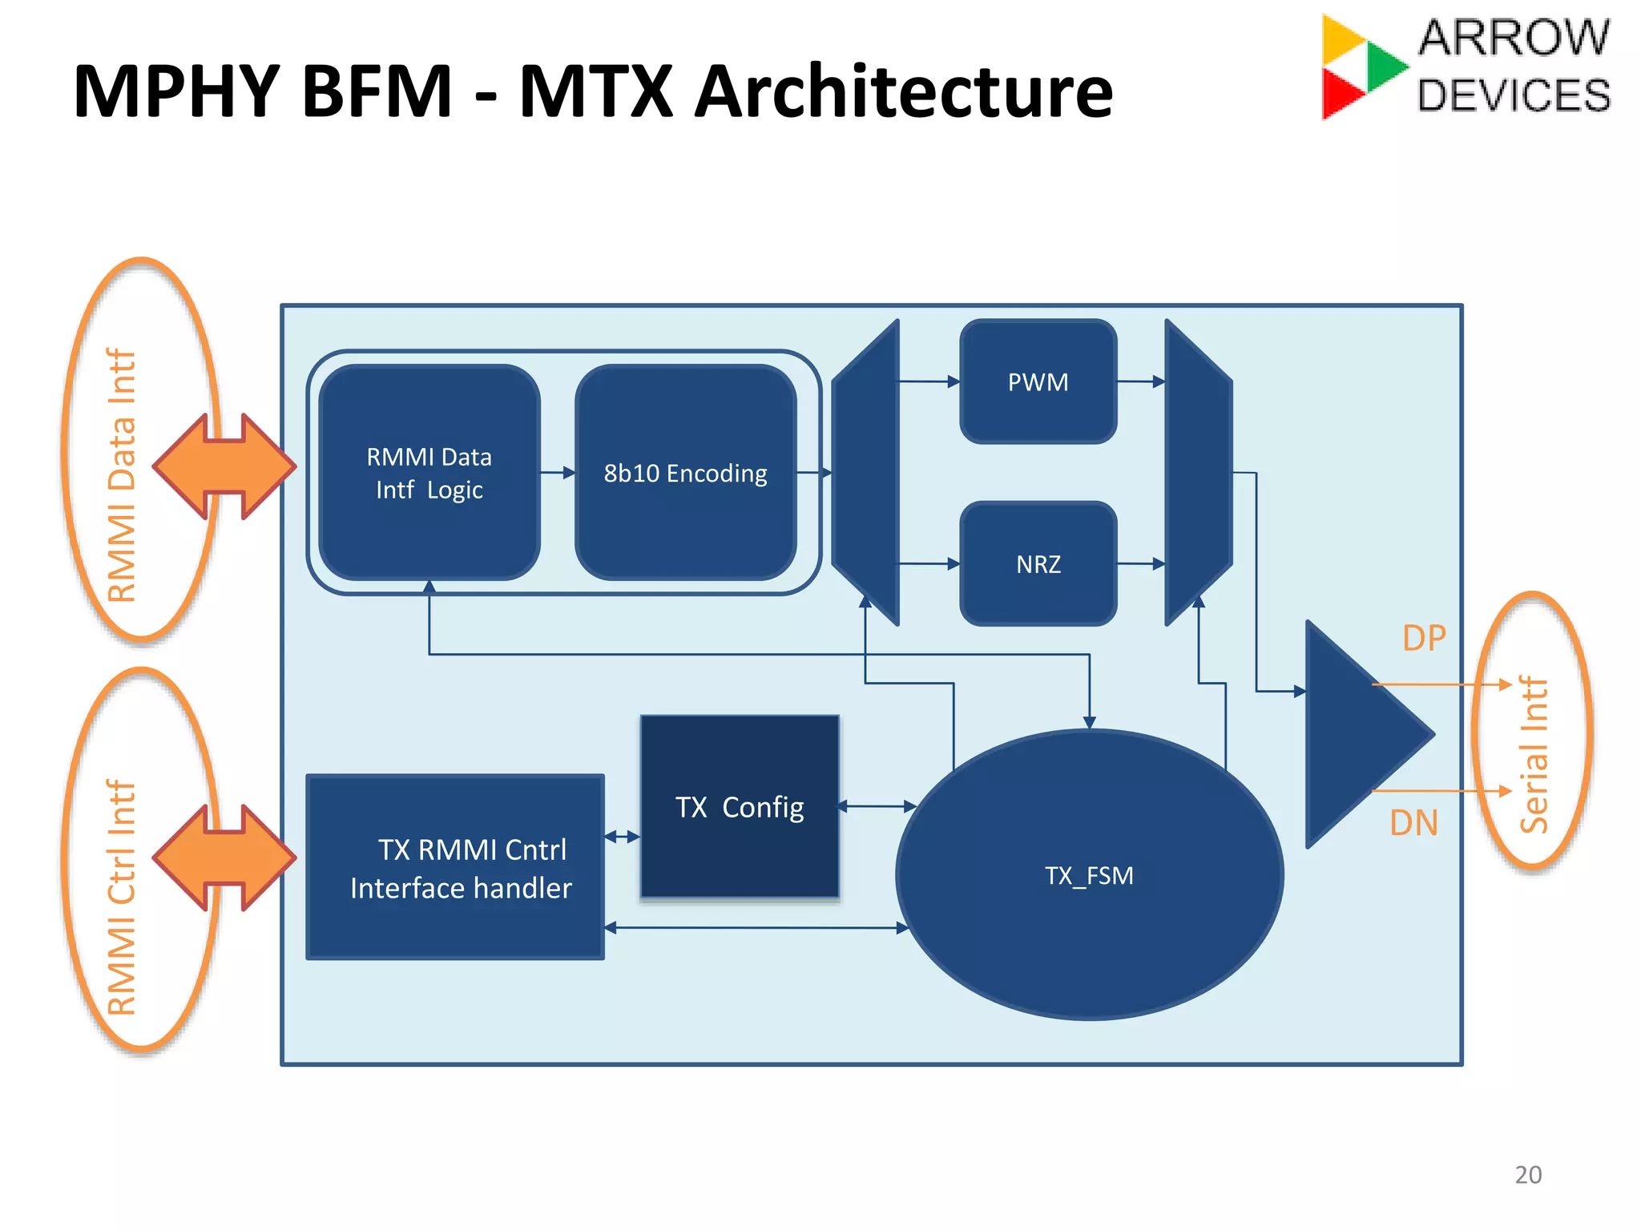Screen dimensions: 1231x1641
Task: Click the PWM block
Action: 1038,381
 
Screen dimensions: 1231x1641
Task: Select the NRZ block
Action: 1038,563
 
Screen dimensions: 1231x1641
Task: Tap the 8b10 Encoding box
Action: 685,473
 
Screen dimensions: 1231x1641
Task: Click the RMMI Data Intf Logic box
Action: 429,473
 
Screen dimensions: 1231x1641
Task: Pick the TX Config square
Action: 740,806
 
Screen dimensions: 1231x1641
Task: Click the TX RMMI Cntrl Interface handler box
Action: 455,867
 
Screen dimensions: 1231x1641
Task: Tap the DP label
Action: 1424,638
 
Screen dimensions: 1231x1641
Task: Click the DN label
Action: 1413,823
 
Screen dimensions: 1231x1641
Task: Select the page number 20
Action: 1528,1174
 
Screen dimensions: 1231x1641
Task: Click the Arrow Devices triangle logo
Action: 1361,67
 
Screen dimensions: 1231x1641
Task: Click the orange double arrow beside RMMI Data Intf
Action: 224,466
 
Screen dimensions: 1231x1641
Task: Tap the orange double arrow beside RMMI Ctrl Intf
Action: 224,858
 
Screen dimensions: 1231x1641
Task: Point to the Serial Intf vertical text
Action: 1534,754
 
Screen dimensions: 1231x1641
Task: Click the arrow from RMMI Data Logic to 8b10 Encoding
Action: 558,473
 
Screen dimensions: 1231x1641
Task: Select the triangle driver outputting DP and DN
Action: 1354,733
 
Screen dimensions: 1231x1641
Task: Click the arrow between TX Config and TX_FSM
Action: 877,806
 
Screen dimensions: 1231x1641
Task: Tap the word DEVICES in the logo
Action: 1514,95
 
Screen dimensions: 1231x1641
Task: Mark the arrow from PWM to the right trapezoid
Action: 1141,381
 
